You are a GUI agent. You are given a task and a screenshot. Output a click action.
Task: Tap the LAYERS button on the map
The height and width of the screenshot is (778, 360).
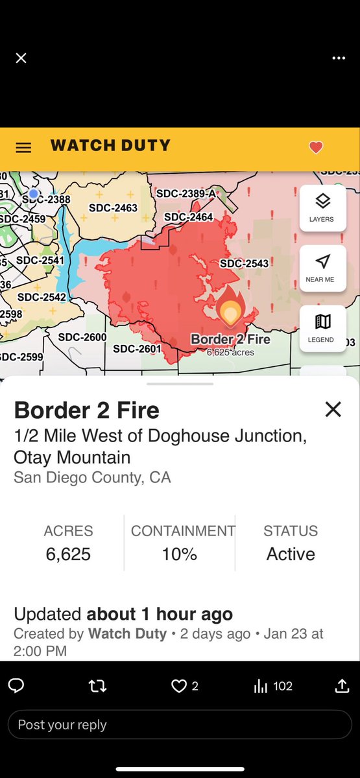322,207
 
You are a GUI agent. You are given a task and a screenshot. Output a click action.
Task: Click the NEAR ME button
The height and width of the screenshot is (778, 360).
322,267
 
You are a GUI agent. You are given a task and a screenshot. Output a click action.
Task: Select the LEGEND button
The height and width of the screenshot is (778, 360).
322,327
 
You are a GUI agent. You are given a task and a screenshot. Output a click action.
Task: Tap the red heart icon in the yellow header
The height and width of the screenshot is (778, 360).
316,148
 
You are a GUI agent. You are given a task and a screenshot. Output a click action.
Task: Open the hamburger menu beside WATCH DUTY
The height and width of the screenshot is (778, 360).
23,148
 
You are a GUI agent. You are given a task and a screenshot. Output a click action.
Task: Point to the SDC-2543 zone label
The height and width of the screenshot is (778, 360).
244,263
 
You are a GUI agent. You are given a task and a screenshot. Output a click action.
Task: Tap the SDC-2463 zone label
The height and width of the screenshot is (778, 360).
113,208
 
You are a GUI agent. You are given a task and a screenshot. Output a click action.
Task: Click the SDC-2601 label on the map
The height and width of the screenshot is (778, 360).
137,349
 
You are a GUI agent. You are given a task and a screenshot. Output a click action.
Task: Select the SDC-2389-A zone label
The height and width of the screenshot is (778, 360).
186,193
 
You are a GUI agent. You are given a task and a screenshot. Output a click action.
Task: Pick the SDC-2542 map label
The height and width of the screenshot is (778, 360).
42,297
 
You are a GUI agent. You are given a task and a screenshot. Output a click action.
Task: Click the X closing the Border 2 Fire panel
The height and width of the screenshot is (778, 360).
333,409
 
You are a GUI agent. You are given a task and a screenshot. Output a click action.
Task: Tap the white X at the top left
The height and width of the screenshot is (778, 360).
21,58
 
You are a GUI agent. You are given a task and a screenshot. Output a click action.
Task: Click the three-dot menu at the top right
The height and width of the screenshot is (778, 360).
339,58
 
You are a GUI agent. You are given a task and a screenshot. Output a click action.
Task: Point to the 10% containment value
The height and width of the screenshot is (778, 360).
180,554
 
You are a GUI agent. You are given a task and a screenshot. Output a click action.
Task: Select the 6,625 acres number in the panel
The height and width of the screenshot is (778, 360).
68,554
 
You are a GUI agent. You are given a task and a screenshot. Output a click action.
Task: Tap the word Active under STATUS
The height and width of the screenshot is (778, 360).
291,554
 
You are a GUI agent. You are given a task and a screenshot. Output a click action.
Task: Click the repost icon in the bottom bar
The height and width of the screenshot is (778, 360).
97,686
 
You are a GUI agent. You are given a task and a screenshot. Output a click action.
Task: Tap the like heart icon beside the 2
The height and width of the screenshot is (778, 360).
179,686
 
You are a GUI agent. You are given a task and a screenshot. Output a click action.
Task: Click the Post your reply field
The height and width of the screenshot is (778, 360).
180,725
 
